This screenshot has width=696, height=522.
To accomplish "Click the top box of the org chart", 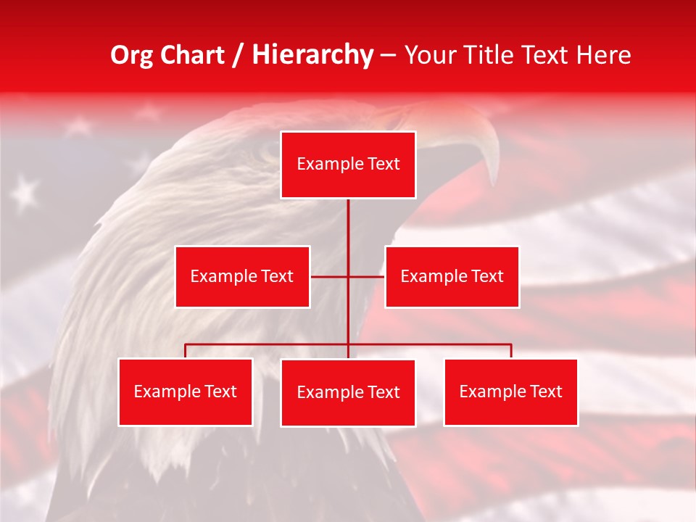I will pos(348,165).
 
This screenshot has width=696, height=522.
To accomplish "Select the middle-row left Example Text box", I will pos(242,276).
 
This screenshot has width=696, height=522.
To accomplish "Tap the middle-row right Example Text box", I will pos(452,276).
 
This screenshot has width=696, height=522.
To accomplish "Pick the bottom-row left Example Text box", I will pos(186,391).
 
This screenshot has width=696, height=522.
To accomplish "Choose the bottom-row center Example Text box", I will pos(348,392).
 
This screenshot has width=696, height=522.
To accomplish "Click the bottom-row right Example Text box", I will pos(510,391).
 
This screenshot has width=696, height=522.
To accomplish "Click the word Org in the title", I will pos(131,56).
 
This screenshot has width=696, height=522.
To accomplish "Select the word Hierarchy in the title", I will pos(312,56).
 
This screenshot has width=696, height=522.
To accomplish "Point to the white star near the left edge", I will pos(25,191).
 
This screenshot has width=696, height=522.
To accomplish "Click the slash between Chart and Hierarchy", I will pos(237,56).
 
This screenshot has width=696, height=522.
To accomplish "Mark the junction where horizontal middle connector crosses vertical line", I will pos(348,276).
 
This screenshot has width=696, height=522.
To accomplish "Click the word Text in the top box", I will pos(383,164).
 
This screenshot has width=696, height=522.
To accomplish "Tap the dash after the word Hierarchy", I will pos(388,56).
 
